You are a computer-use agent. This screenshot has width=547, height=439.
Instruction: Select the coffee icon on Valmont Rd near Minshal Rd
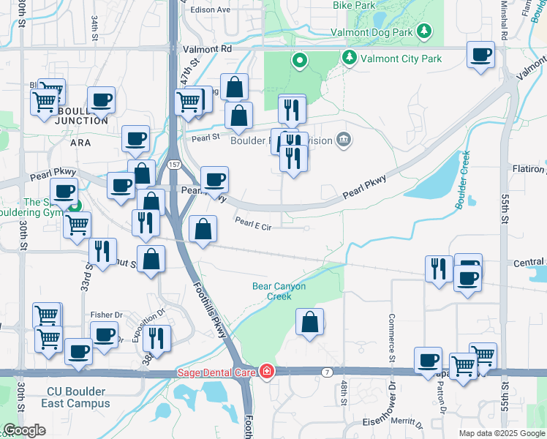[480, 55]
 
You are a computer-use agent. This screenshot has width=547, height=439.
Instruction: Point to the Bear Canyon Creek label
[279, 291]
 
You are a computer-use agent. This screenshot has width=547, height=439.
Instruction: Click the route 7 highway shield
[326, 372]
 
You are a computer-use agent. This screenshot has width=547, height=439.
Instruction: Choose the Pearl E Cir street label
[253, 228]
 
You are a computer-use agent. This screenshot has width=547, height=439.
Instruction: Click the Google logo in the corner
[24, 430]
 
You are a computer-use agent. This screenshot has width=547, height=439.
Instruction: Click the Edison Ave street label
[210, 10]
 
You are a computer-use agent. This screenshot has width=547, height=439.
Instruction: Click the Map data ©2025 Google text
[502, 433]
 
